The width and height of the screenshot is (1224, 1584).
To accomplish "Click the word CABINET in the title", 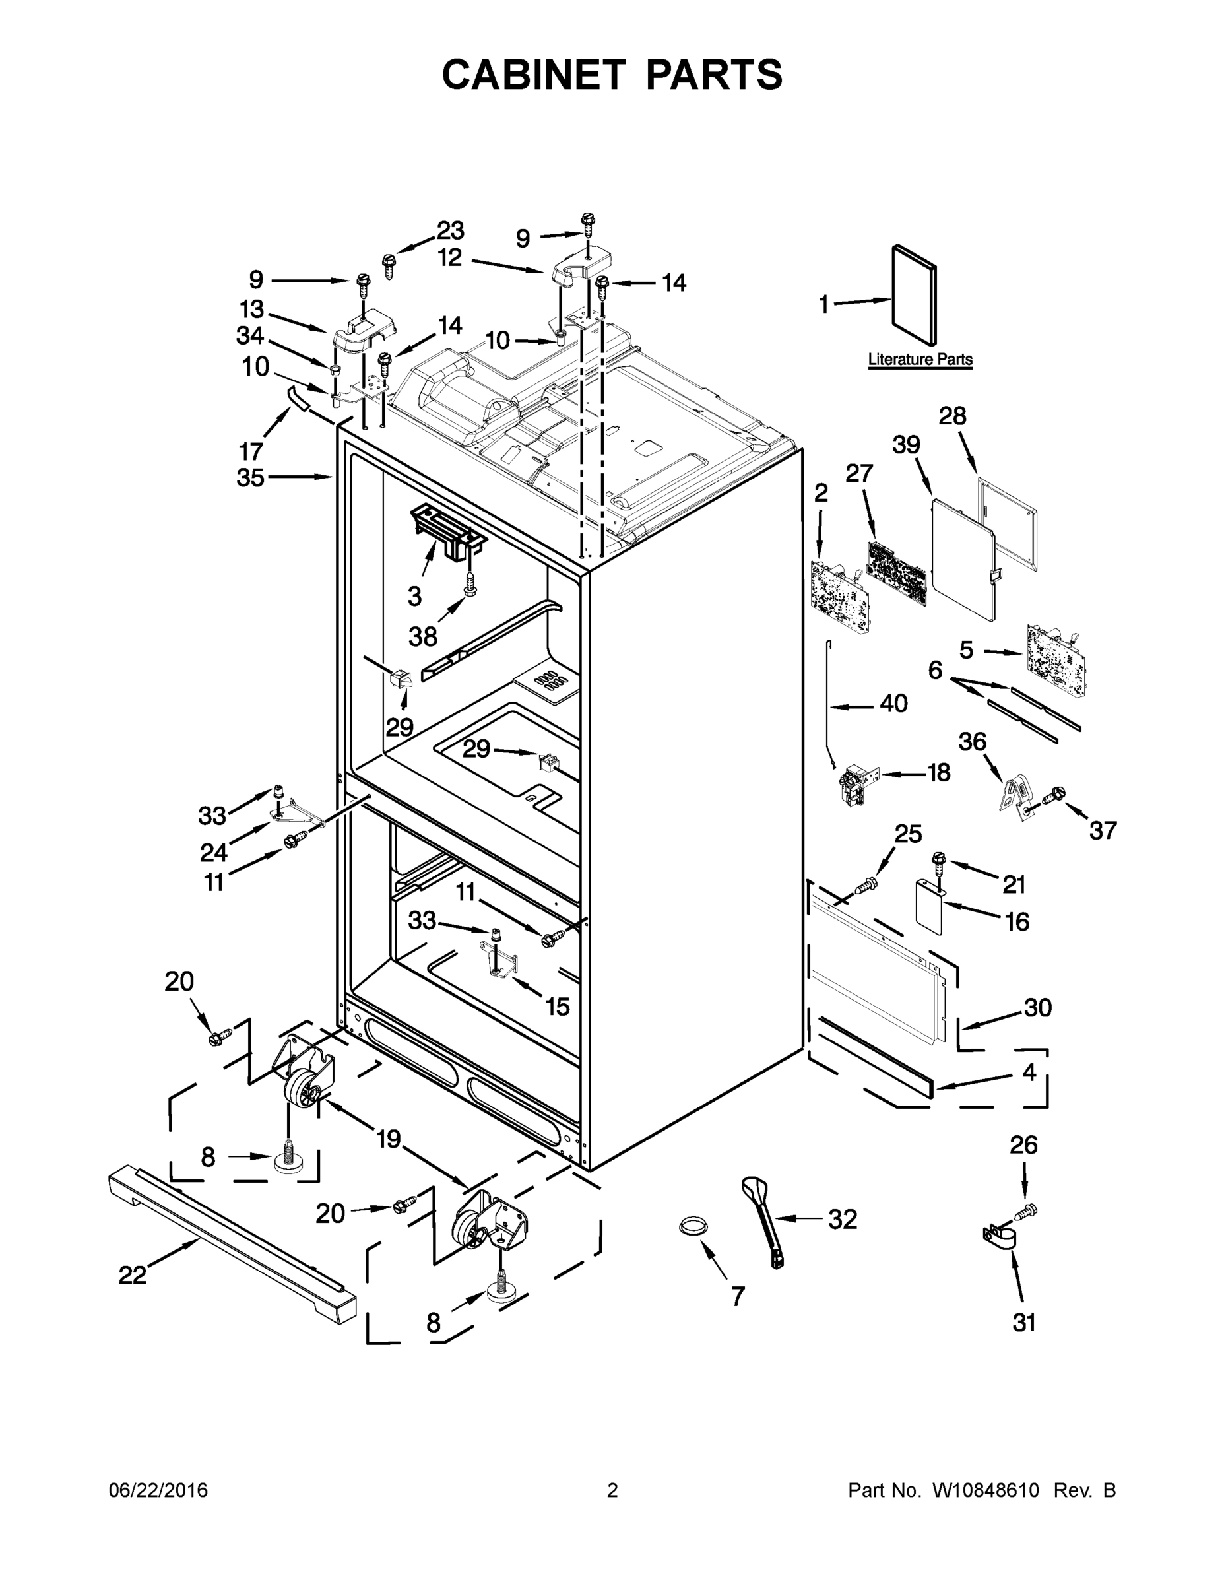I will [x=533, y=74].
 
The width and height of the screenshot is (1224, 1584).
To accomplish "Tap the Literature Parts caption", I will [x=920, y=359].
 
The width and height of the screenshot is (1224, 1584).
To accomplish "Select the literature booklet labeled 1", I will [x=914, y=294].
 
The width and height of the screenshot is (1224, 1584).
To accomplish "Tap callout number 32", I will [x=843, y=1219].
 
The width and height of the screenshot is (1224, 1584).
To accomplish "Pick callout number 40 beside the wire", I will [x=893, y=703].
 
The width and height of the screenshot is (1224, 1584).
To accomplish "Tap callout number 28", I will [x=953, y=416].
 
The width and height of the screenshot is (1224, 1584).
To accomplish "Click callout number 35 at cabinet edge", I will [x=250, y=477].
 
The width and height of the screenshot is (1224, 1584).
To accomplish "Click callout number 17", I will [x=250, y=451].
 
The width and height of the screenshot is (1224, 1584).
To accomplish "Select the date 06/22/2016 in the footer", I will [x=158, y=1490].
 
